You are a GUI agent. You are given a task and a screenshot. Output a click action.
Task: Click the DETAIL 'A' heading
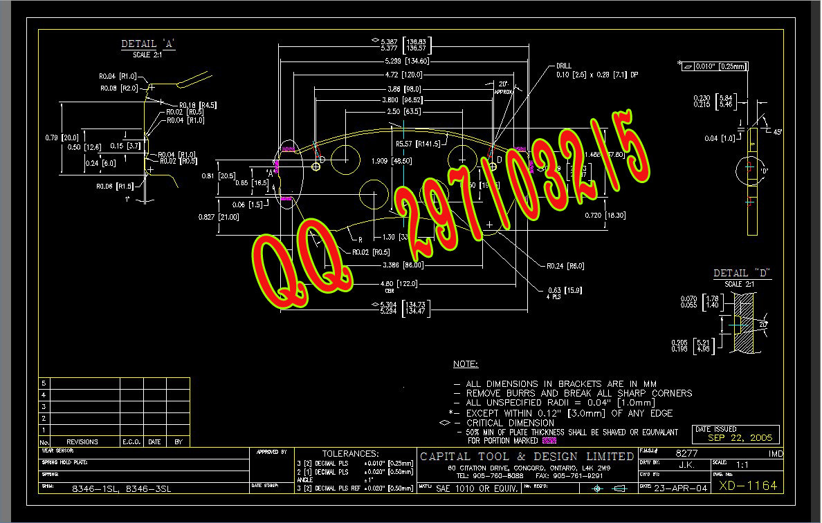(148, 44)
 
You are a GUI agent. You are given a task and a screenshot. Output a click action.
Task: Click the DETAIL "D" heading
(742, 274)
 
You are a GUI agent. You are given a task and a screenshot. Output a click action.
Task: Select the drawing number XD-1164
(748, 486)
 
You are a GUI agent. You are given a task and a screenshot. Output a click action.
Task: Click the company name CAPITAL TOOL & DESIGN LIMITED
(527, 457)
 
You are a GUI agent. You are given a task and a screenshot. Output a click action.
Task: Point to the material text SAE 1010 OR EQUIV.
(477, 488)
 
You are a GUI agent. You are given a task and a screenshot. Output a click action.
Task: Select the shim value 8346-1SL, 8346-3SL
(122, 488)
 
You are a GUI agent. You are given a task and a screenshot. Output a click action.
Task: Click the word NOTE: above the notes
(465, 364)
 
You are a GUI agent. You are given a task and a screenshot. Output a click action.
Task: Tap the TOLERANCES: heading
(350, 453)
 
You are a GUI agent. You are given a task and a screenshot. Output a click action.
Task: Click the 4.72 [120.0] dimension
(405, 75)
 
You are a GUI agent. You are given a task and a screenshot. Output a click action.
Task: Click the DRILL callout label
(564, 66)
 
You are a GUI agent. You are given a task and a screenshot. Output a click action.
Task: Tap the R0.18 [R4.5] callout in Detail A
(198, 105)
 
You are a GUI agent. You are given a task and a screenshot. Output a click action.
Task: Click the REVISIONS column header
(82, 442)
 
